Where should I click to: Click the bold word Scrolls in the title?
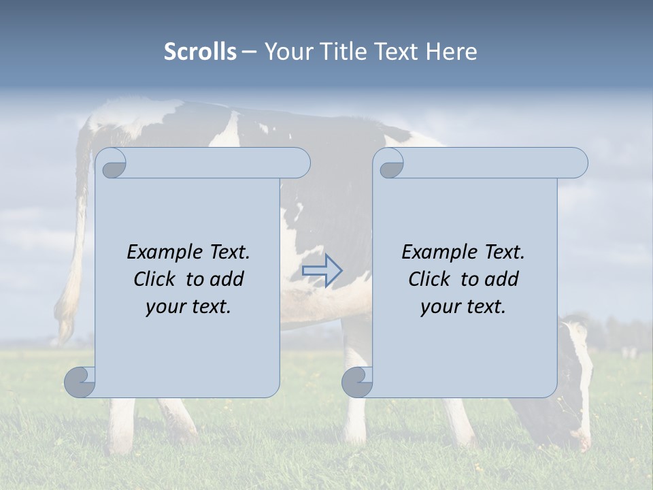click(x=200, y=51)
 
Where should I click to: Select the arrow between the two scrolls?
click(x=322, y=271)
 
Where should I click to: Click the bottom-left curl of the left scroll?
click(x=80, y=382)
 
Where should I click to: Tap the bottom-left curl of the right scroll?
click(x=356, y=382)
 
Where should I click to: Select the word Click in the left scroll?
click(x=154, y=279)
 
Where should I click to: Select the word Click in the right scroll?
click(x=429, y=279)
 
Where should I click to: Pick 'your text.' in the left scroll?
click(x=188, y=307)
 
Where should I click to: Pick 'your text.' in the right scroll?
click(x=463, y=307)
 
